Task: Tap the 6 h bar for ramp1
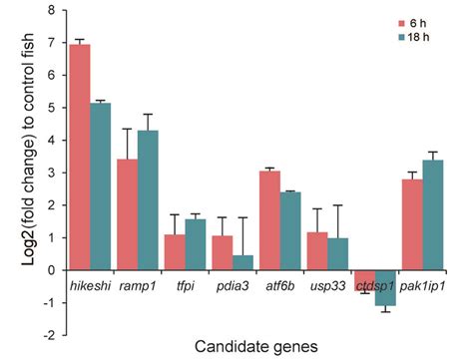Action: pyautogui.click(x=127, y=214)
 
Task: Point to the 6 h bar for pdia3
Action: pyautogui.click(x=223, y=253)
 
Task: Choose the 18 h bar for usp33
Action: pyautogui.click(x=337, y=254)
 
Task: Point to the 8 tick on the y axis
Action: pyautogui.click(x=47, y=12)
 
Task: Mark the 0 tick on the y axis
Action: pyautogui.click(x=47, y=270)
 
